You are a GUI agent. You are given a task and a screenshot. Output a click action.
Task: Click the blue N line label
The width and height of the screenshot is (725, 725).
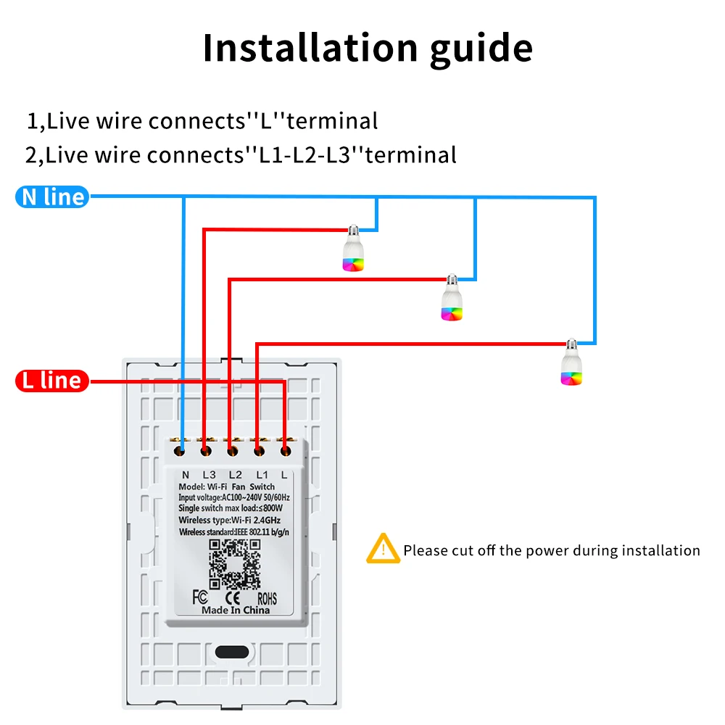52,196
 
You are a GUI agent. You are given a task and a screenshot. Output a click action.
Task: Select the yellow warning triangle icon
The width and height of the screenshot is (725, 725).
382,549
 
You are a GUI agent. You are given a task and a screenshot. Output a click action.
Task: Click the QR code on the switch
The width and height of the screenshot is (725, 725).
234,563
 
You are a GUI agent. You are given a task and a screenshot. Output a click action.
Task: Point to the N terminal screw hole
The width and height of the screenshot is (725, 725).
179,451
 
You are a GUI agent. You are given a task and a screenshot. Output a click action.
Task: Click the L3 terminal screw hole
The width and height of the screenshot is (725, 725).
206,451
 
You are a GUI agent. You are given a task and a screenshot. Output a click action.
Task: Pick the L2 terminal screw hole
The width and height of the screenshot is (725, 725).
232,451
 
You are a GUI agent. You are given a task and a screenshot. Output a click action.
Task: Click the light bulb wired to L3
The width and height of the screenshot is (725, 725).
353,249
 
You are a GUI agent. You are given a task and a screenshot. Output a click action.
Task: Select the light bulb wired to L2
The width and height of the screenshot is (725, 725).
452,299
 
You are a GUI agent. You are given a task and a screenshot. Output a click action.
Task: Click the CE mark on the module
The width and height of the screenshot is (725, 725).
234,598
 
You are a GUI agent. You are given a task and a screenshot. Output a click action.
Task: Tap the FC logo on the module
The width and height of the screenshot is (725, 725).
201,598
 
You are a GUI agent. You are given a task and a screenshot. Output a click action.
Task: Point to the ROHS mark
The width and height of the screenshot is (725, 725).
268,599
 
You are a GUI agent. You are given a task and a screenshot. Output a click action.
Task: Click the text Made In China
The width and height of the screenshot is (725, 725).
235,610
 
